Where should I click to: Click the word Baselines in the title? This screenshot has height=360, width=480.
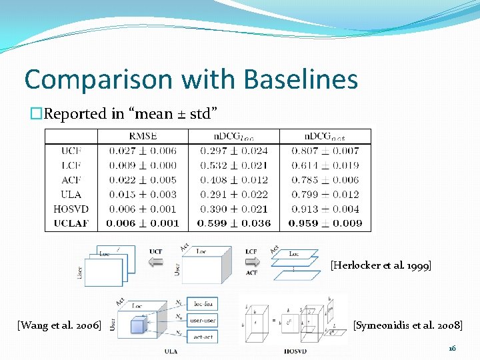(301, 79)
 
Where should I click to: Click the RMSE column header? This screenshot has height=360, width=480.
(143, 136)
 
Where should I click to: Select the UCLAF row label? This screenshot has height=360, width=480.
(71, 223)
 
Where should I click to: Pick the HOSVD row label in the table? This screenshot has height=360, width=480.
(71, 209)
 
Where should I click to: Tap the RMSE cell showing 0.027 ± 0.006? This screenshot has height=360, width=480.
(143, 151)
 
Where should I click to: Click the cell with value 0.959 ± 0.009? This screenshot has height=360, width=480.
(326, 223)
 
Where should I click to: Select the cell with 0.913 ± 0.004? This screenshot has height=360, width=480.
(326, 209)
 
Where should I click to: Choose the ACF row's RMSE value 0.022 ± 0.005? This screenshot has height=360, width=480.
(143, 180)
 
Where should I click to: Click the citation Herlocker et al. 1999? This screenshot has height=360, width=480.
(381, 266)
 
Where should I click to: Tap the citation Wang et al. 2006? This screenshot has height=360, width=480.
(59, 325)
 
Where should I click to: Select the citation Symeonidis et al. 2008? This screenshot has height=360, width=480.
(407, 325)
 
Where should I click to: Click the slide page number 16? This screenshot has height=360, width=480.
(451, 348)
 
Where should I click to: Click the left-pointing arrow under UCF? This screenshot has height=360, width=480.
(155, 262)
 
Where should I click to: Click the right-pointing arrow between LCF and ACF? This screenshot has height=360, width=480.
(251, 262)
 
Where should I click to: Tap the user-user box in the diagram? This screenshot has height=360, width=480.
(203, 321)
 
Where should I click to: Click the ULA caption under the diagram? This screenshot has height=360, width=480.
(171, 351)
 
